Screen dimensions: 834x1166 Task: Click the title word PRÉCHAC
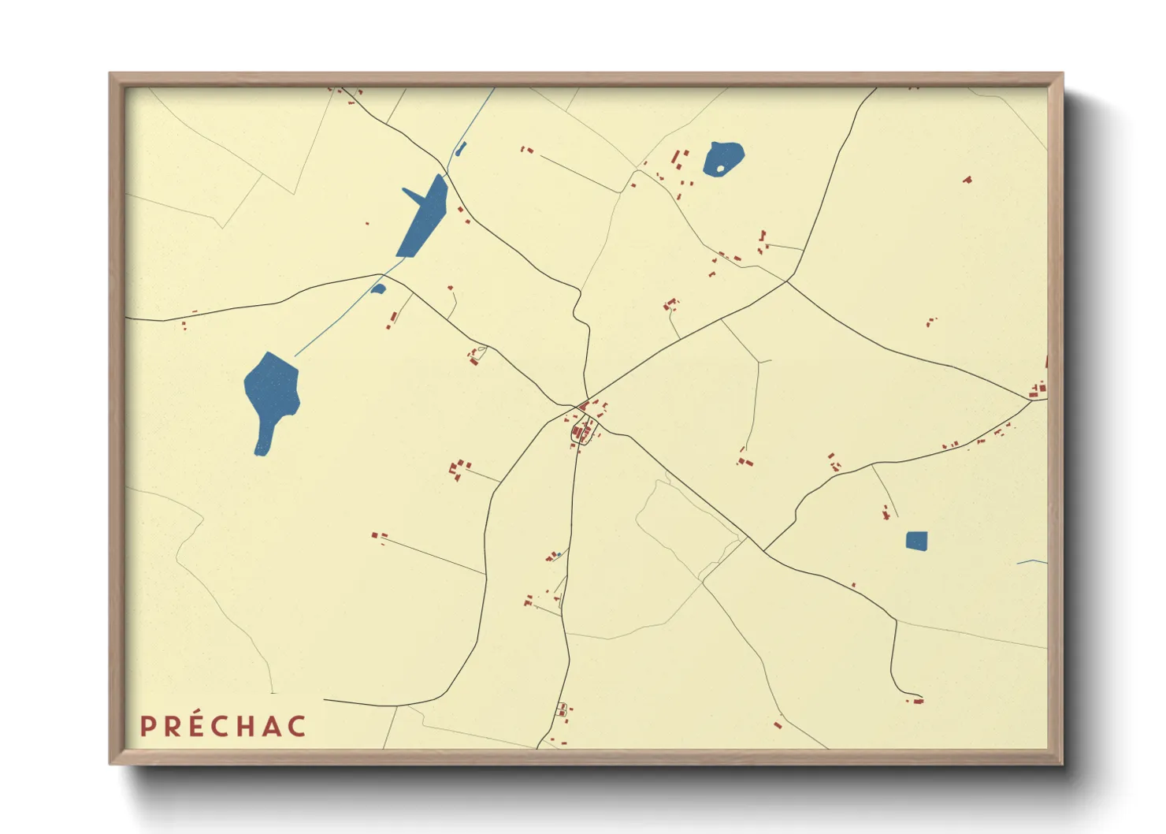[x=223, y=726]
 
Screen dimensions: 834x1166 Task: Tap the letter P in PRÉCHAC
[x=147, y=726]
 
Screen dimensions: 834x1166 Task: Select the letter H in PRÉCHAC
[x=247, y=726]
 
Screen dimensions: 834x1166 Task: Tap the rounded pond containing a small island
[x=723, y=158]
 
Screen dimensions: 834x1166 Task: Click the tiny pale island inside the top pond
[x=720, y=168]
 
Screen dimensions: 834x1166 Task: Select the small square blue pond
[x=916, y=541]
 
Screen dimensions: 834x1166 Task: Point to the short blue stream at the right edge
[x=1032, y=562]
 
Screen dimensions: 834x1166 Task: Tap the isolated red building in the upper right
[x=967, y=180]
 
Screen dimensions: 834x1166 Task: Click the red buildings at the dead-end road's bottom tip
[x=917, y=700]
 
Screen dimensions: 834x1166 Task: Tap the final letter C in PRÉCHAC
[x=296, y=726]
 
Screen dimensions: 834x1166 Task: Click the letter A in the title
[x=273, y=726]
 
